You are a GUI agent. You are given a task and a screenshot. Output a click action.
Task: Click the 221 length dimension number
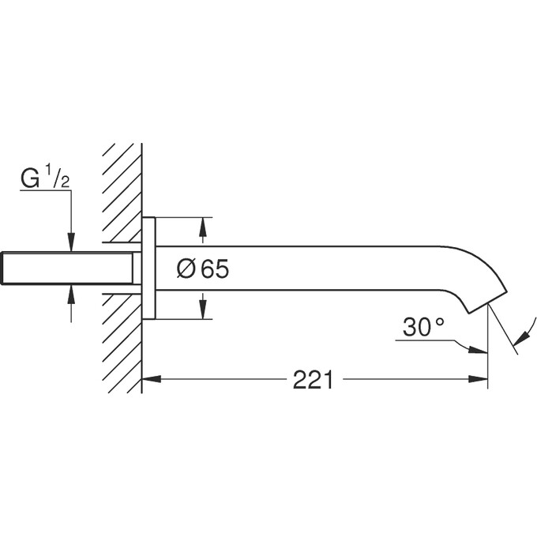click(313, 380)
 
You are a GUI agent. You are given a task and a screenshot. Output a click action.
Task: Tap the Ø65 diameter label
click(202, 269)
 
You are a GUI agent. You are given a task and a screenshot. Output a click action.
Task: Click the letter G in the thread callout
click(29, 179)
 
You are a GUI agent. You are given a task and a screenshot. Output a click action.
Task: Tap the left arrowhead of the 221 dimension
click(150, 379)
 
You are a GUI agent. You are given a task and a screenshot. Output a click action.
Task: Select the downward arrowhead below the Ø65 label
click(203, 310)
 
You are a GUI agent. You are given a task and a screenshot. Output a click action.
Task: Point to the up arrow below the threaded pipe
click(71, 295)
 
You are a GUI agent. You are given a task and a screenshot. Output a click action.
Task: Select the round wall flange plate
click(148, 268)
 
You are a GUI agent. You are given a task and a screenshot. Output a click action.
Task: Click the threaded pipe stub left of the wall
click(67, 269)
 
